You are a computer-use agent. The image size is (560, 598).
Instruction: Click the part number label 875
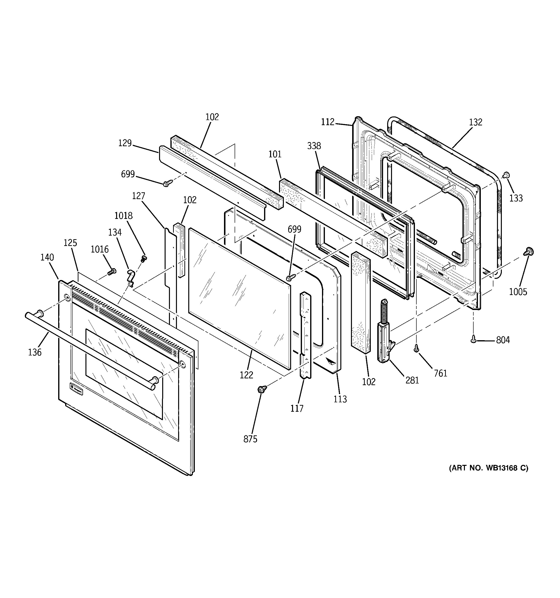click(x=250, y=439)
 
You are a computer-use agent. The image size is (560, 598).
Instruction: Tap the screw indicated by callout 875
click(x=261, y=389)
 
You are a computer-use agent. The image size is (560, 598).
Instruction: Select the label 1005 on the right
click(x=518, y=292)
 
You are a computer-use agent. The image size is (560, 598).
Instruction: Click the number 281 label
click(x=412, y=381)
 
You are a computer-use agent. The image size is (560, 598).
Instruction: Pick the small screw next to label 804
click(x=473, y=339)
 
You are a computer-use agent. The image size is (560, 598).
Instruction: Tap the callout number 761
click(x=440, y=373)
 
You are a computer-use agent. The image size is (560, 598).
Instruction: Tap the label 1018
click(x=123, y=216)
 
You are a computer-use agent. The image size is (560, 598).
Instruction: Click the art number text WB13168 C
click(x=489, y=468)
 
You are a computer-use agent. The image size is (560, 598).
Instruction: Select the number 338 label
click(x=314, y=146)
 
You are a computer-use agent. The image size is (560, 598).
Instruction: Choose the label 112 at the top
click(x=327, y=122)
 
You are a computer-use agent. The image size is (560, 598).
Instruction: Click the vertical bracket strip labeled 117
click(x=305, y=334)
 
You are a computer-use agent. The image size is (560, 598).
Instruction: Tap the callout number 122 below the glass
click(x=246, y=375)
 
